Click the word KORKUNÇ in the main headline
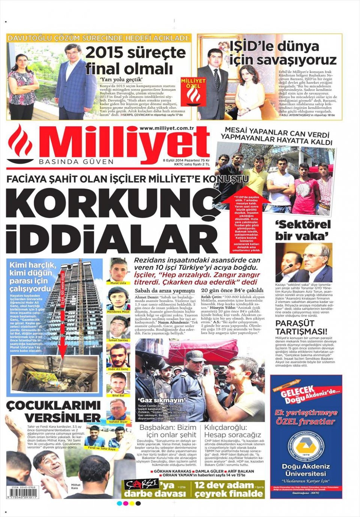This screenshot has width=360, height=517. [109, 205]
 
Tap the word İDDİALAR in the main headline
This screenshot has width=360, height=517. [109, 238]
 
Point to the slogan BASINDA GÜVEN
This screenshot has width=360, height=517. [76, 162]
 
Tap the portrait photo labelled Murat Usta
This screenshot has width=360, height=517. [118, 270]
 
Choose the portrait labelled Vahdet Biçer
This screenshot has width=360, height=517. [118, 409]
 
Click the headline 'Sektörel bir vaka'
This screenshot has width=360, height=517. [303, 230]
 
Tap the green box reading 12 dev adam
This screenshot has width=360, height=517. [229, 490]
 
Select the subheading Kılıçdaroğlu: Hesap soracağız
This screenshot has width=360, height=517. [232, 431]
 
